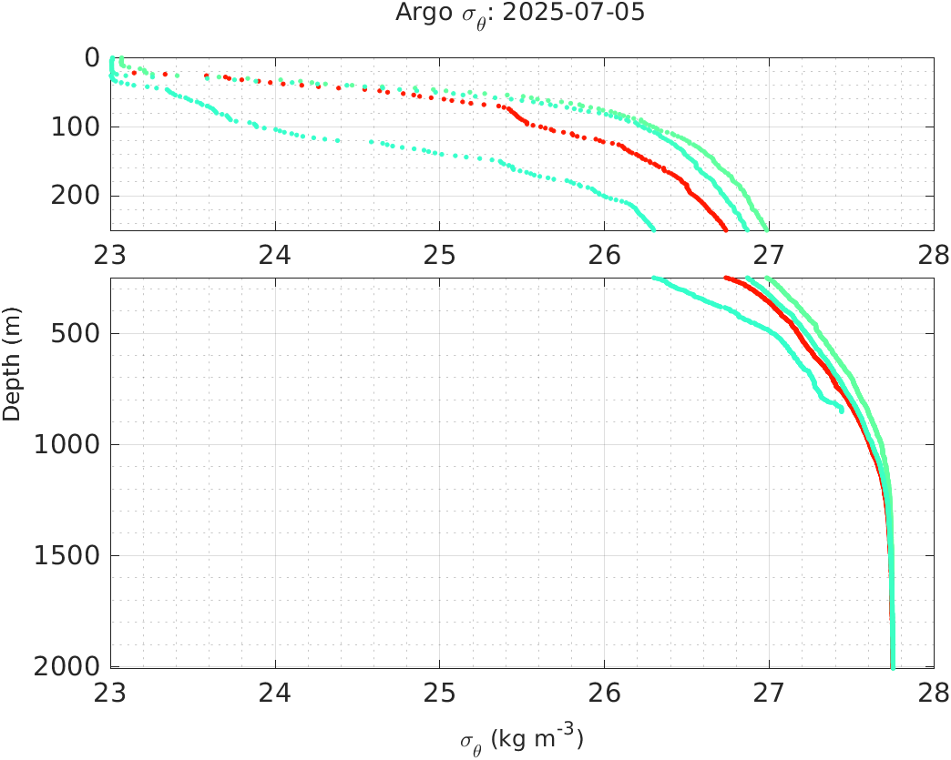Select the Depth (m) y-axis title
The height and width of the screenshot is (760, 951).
pyautogui.click(x=12, y=375)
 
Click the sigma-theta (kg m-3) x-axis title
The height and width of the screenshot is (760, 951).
pyautogui.click(x=521, y=738)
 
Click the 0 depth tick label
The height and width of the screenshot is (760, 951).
pyautogui.click(x=92, y=57)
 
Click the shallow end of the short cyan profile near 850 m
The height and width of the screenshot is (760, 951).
pyautogui.click(x=842, y=410)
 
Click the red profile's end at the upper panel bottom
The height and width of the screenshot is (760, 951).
pyautogui.click(x=725, y=228)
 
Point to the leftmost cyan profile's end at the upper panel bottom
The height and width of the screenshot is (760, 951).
pyautogui.click(x=652, y=228)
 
